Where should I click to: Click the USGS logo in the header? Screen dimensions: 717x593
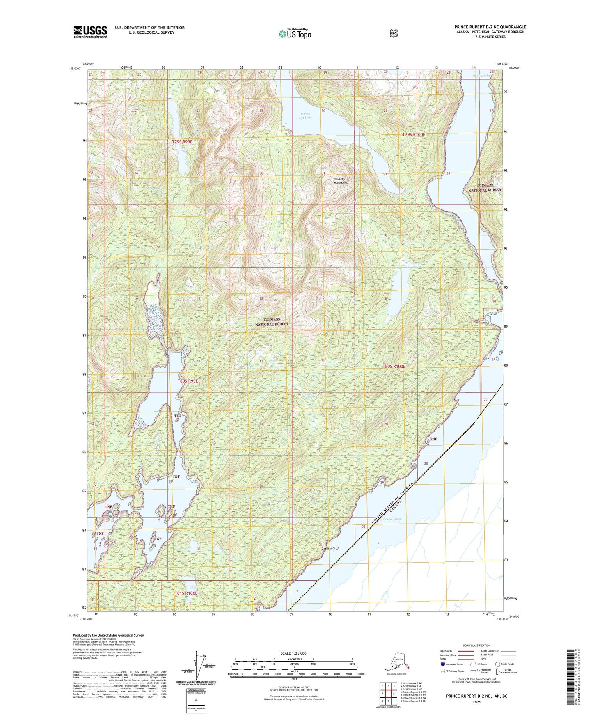(90, 32)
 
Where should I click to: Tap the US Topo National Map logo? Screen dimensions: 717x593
(295, 33)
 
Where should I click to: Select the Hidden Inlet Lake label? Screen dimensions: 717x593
(305, 115)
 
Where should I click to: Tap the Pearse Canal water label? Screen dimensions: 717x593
(392, 519)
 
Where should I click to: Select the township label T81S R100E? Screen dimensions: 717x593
(186, 593)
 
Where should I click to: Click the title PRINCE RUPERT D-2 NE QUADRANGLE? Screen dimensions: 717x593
(490, 27)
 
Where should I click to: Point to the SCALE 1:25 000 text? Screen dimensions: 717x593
(293, 653)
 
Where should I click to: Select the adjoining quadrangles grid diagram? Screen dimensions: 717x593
(388, 694)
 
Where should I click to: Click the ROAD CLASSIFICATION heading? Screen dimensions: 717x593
(477, 646)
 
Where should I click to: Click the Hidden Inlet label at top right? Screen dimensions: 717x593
(481, 76)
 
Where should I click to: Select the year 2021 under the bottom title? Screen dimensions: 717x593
(476, 702)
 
